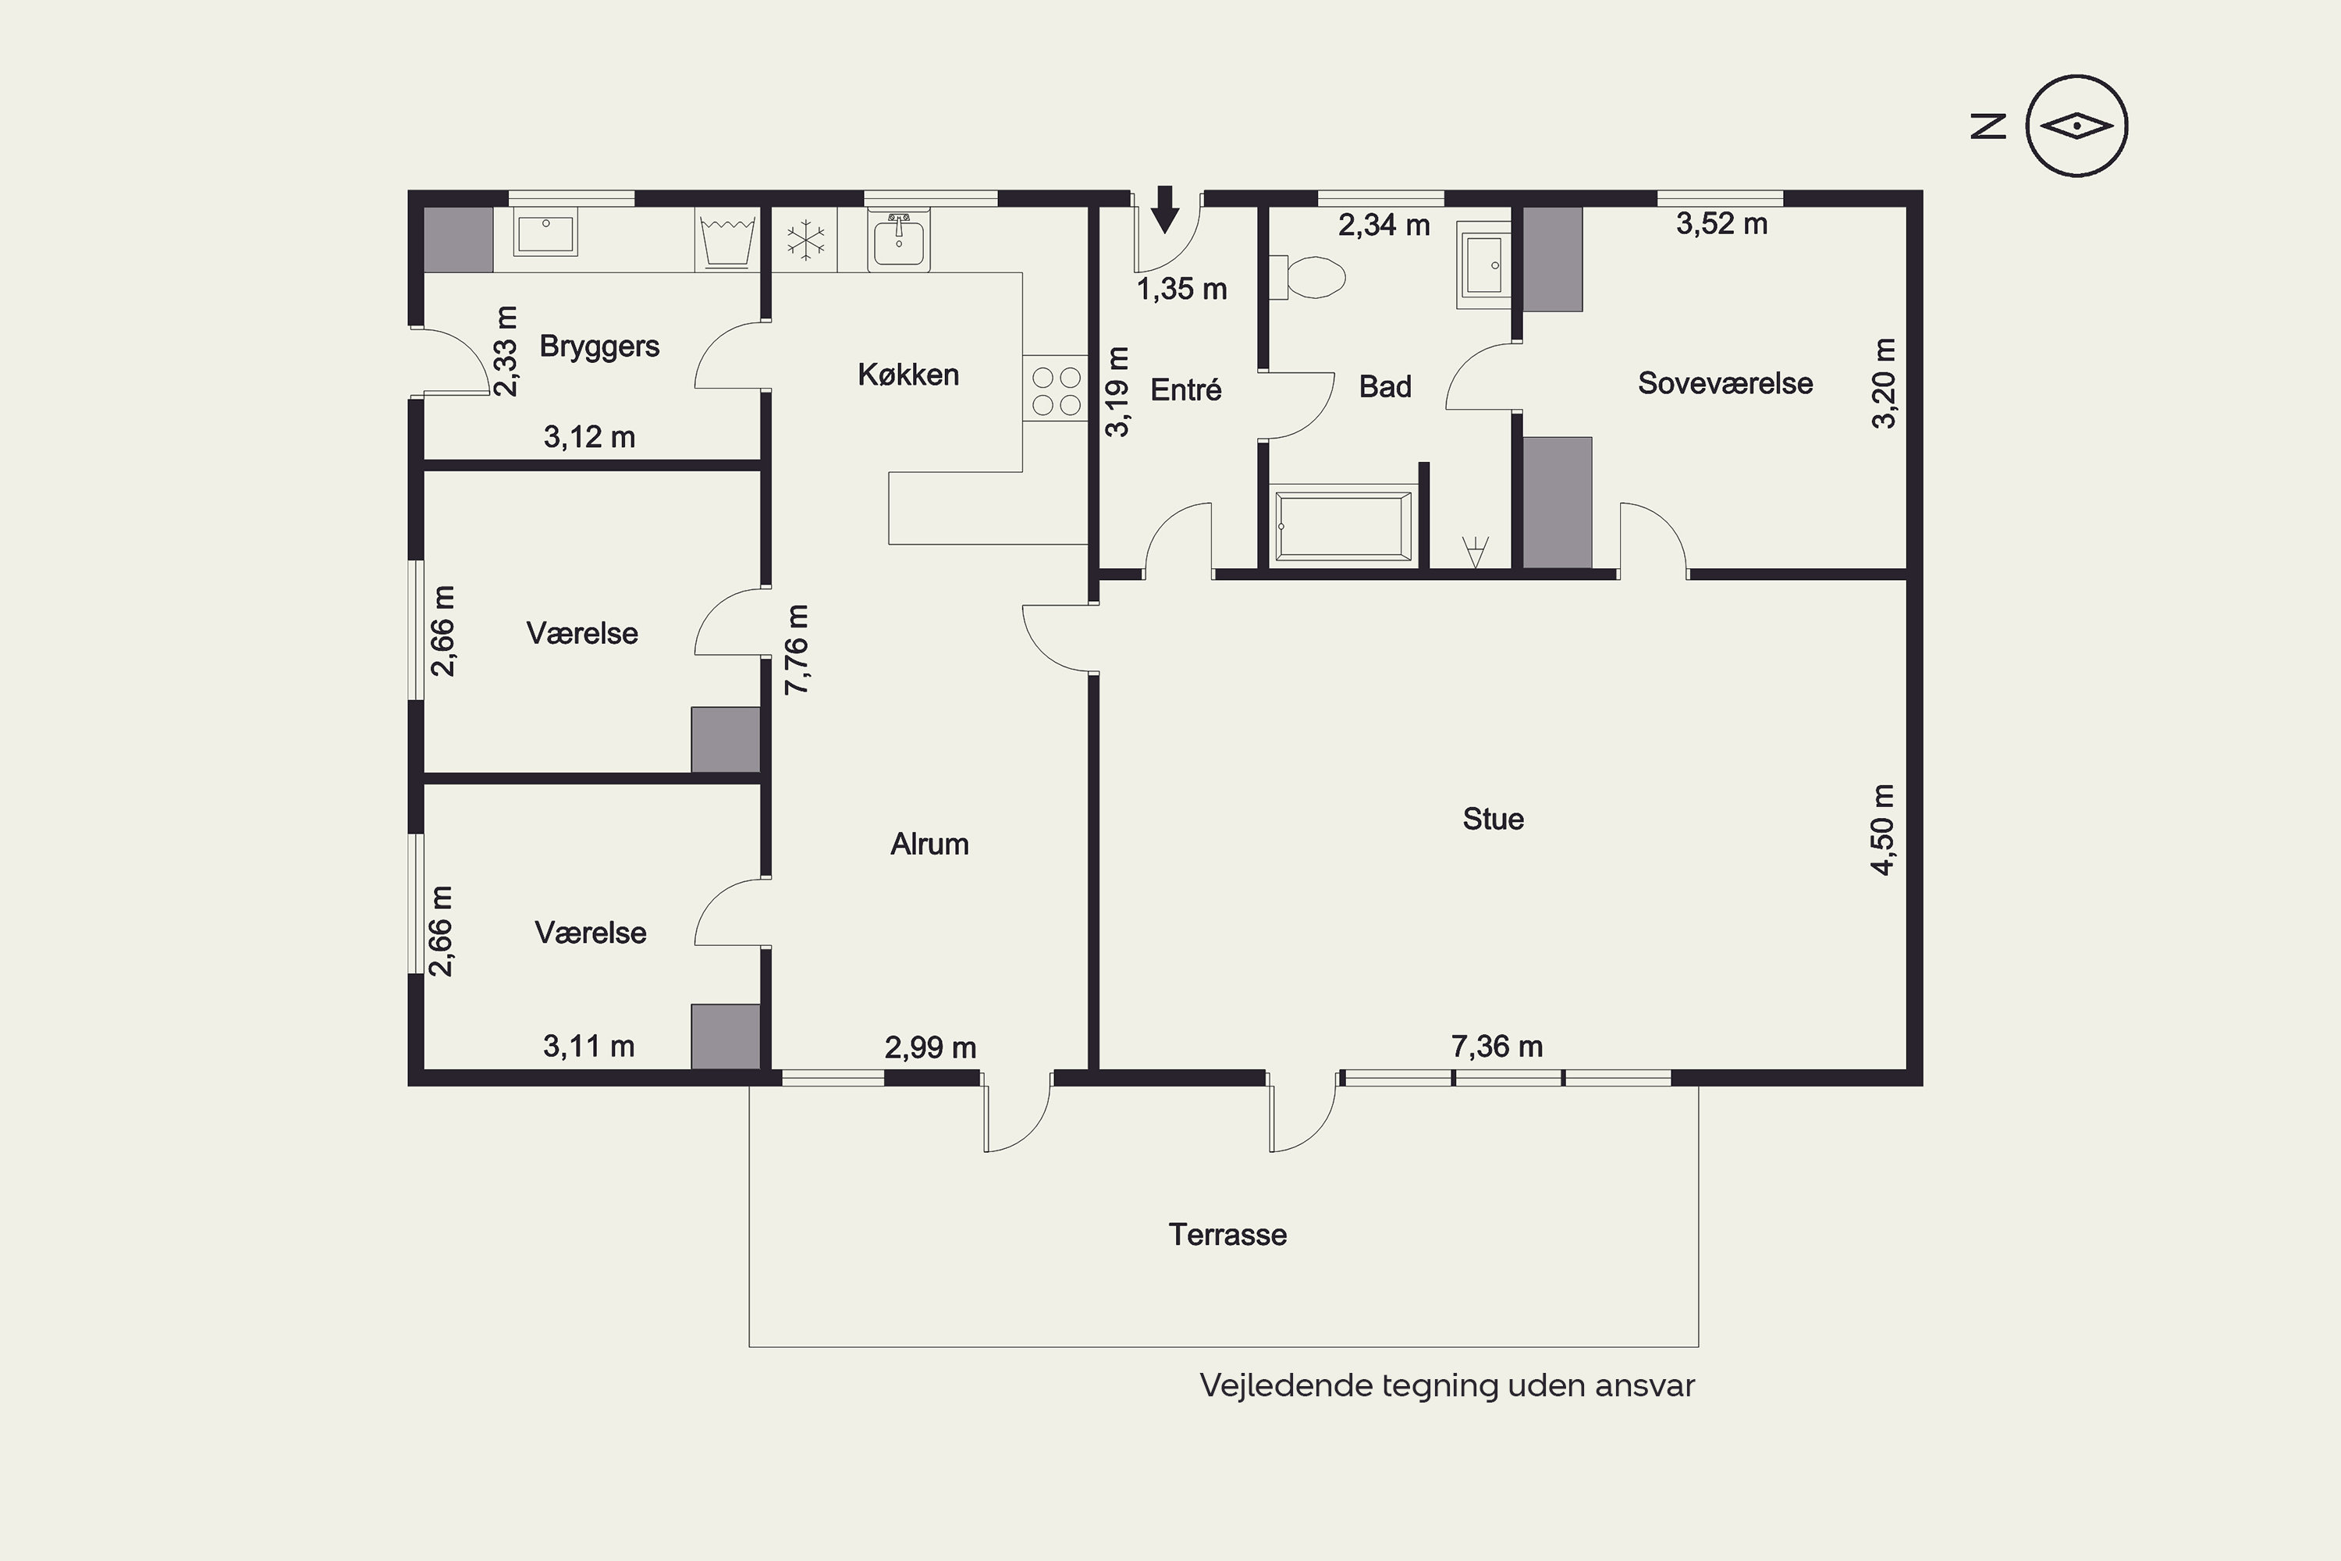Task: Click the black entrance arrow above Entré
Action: (x=1164, y=209)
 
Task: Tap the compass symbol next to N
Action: (x=2077, y=126)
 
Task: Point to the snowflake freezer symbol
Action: (x=805, y=239)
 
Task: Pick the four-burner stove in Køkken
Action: (x=1055, y=389)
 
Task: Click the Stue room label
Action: (x=1493, y=818)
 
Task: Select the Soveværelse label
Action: (x=1725, y=383)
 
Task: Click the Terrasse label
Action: (x=1227, y=1235)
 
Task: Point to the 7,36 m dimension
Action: (x=1497, y=1047)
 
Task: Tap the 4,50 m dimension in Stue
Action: (x=1883, y=829)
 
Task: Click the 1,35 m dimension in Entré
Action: (x=1181, y=289)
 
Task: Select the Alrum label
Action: (x=929, y=845)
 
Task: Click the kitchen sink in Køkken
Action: (x=899, y=240)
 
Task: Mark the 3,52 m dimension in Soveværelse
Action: (x=1722, y=224)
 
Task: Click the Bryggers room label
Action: (x=599, y=347)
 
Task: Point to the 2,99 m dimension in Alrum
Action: (x=929, y=1047)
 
